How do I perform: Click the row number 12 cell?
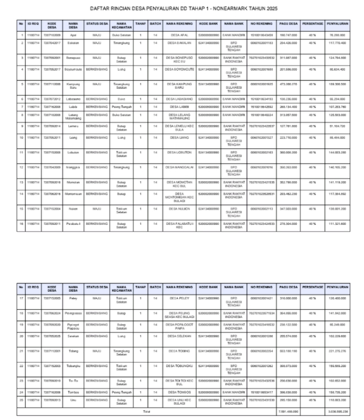[21, 166]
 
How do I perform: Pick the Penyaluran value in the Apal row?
[336, 34]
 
